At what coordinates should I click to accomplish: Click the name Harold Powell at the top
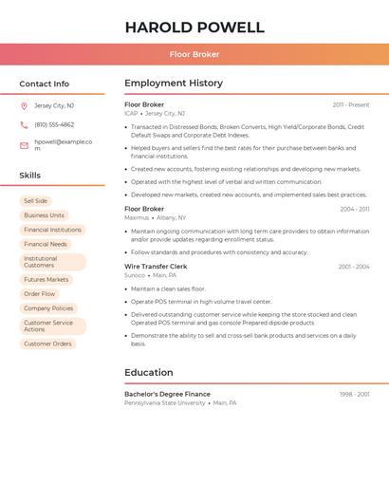tap(194, 27)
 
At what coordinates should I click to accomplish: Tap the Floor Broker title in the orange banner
tap(194, 54)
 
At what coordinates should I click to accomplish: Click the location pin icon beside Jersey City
tap(24, 105)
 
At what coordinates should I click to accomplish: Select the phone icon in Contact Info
tap(24, 124)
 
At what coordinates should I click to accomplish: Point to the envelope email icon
tap(24, 145)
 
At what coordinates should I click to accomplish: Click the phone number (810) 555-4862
tap(54, 124)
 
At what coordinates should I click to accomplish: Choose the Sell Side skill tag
tap(35, 201)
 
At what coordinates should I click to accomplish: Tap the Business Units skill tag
tap(44, 215)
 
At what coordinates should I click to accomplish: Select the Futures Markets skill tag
tap(46, 280)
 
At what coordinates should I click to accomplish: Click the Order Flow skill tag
tap(40, 294)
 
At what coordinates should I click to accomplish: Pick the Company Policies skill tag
tap(48, 308)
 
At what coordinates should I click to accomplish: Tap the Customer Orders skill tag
tap(47, 344)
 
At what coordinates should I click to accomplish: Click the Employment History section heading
tap(174, 84)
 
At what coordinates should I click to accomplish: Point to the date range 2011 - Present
tap(351, 104)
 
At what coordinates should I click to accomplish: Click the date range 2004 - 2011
tap(355, 209)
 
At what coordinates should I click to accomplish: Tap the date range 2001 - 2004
tap(354, 267)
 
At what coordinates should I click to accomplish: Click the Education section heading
tap(149, 373)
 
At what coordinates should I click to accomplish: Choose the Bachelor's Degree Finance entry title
tap(168, 394)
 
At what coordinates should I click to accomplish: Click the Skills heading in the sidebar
tap(30, 176)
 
